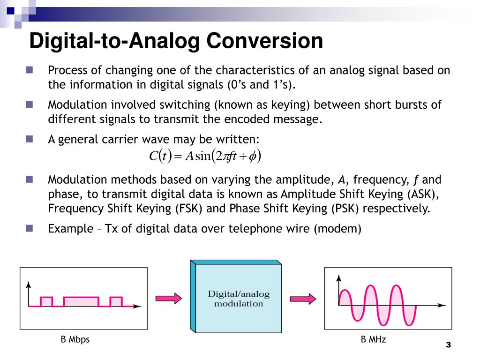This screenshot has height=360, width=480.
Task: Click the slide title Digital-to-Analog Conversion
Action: [176, 41]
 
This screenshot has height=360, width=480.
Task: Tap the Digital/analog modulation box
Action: [239, 299]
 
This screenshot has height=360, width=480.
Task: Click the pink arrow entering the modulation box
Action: [168, 298]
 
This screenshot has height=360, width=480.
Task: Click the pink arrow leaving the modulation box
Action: [302, 298]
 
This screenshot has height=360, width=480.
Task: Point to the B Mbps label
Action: [75, 339]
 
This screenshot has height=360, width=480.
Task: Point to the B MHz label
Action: [373, 339]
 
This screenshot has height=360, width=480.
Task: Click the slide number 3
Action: [448, 345]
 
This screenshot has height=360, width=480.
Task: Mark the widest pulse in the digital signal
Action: [81, 301]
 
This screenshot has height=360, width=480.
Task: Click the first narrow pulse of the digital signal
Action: [46, 301]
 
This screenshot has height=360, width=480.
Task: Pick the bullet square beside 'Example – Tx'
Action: [29, 228]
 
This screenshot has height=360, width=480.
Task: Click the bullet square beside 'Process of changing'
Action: [29, 70]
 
